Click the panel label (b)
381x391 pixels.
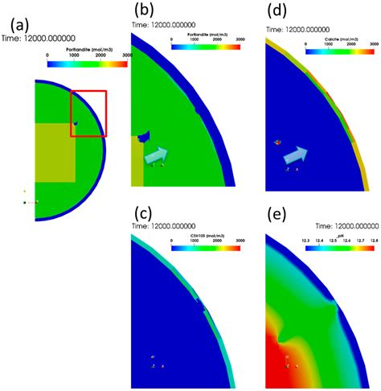145,11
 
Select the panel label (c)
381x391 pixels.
144,213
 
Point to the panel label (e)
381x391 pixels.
277,213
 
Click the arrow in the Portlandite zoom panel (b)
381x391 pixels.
157,155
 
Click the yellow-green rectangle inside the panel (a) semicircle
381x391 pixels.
56,152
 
